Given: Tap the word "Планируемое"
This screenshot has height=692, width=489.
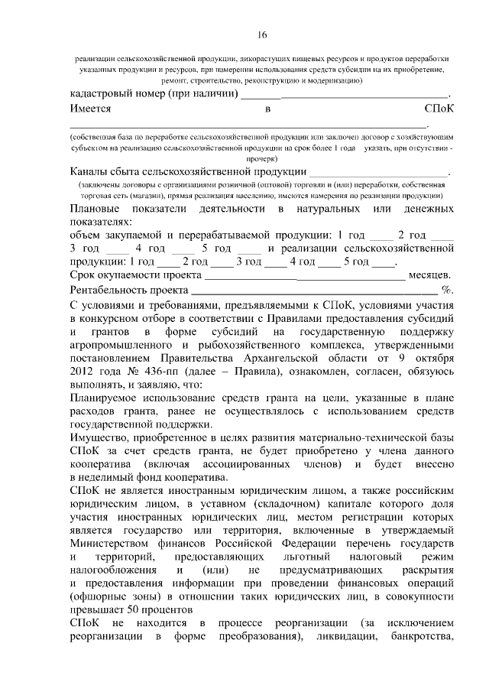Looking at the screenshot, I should point(110,398).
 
